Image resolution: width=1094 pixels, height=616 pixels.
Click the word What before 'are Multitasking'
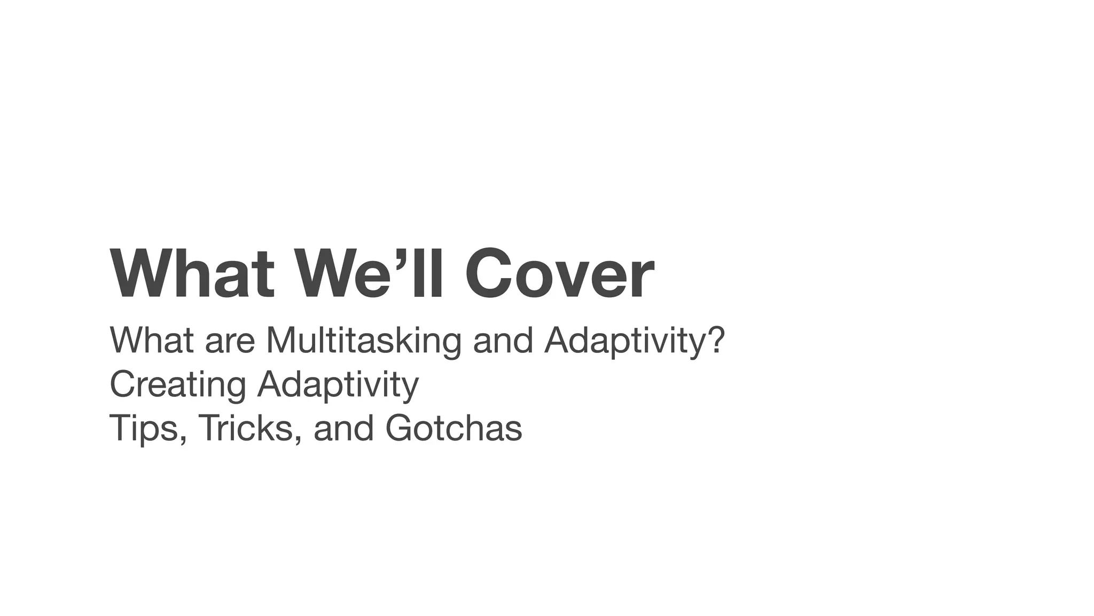click(151, 340)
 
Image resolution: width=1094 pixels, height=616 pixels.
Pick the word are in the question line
click(230, 341)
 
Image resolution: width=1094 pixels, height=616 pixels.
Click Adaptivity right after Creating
click(338, 385)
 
